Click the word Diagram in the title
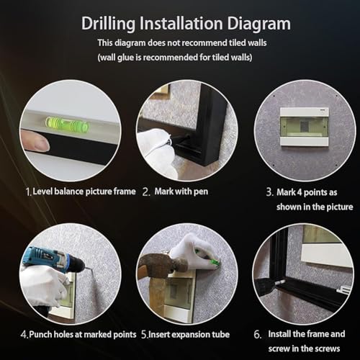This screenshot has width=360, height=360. click(x=253, y=23)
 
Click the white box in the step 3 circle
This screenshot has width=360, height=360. click(x=301, y=125)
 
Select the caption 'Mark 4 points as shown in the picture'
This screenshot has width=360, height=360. click(x=302, y=199)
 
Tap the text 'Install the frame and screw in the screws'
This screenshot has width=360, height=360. click(x=310, y=341)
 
